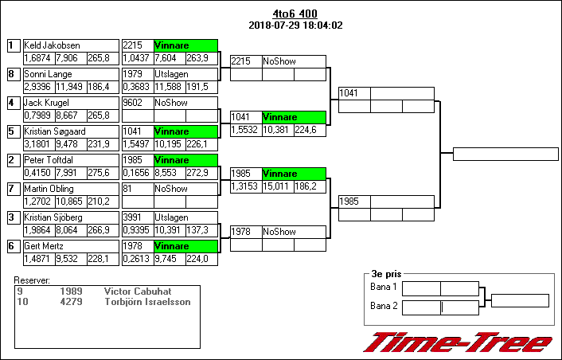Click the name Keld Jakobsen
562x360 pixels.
tap(47, 46)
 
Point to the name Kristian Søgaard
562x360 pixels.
tap(55, 132)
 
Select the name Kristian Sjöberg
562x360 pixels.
tap(52, 218)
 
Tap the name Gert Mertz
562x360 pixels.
tap(44, 247)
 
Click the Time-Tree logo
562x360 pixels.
tap(458, 342)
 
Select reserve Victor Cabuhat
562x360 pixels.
tap(138, 292)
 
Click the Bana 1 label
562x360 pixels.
tap(384, 287)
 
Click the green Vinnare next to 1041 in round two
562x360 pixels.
tap(294, 117)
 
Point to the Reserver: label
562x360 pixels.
tap(32, 280)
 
